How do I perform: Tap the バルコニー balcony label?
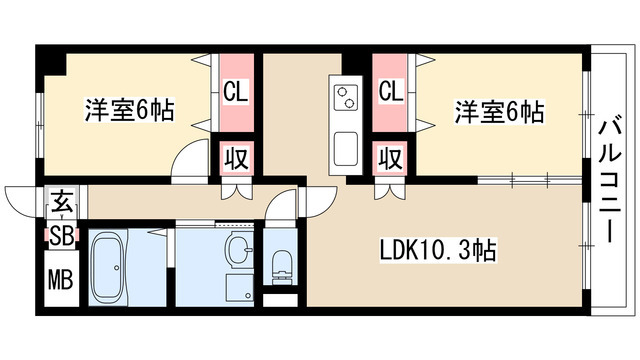609,180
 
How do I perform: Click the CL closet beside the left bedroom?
236,93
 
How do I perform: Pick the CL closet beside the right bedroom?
391,93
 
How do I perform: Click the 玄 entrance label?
61,202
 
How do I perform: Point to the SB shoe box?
60,237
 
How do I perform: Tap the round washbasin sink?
239,249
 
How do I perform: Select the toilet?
281,263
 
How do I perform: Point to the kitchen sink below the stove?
346,148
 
